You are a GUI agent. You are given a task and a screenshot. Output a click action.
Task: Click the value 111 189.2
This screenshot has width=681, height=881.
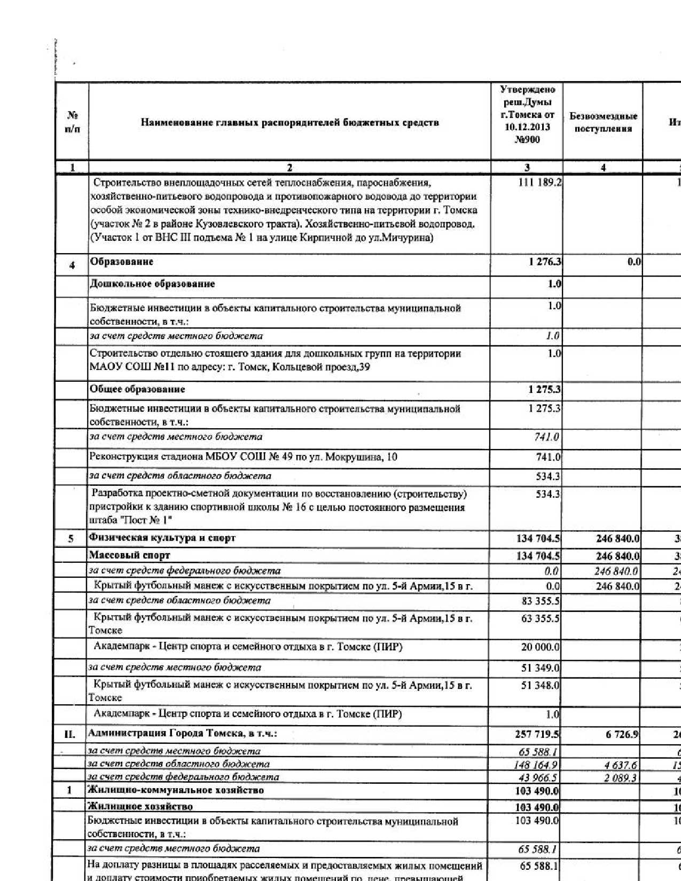click(x=539, y=183)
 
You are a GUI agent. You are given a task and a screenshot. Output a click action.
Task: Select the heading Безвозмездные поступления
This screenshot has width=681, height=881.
click(x=603, y=122)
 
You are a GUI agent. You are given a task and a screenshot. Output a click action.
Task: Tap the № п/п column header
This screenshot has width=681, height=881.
click(x=72, y=122)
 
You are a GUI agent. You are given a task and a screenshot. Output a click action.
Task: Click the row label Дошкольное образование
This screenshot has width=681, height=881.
click(x=152, y=284)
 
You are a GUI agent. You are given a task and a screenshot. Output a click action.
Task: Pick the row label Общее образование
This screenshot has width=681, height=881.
click(x=137, y=389)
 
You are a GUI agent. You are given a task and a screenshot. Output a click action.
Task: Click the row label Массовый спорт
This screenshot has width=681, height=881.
click(x=129, y=555)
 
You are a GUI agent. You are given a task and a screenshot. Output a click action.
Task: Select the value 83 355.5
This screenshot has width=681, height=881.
click(x=540, y=601)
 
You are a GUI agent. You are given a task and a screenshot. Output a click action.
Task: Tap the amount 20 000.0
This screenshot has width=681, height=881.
click(x=540, y=648)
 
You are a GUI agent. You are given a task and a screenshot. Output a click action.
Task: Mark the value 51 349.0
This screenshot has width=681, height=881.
click(x=540, y=667)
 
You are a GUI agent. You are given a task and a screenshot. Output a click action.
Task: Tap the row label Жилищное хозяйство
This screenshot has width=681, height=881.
click(x=140, y=806)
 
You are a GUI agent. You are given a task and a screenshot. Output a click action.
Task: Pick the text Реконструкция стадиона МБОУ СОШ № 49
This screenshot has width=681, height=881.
click(x=243, y=457)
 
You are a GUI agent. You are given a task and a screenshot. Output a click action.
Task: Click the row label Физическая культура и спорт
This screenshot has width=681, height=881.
click(x=162, y=538)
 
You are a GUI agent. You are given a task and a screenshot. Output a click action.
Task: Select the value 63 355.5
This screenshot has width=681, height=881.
click(x=540, y=619)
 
